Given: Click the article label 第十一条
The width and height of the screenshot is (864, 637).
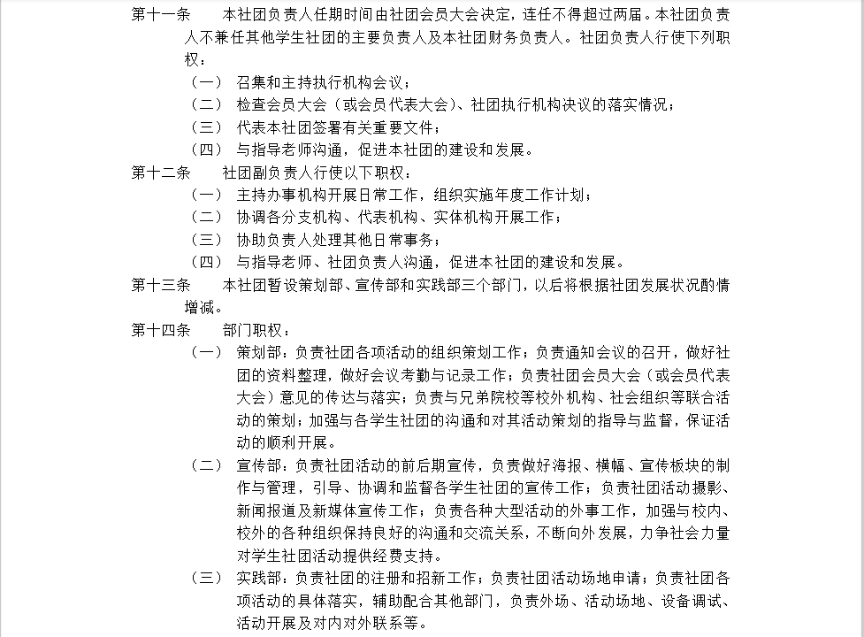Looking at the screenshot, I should point(160,15).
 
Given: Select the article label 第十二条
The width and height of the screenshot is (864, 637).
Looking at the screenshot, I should point(160,173).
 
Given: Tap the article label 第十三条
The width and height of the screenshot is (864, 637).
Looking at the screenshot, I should point(160,285).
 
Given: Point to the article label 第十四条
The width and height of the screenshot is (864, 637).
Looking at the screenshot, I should point(160,330).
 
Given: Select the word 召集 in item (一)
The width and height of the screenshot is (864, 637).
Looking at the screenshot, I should point(251,82).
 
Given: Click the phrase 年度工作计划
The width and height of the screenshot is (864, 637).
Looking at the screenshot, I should point(542,195).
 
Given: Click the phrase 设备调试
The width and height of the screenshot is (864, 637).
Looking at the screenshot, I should point(698,601).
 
